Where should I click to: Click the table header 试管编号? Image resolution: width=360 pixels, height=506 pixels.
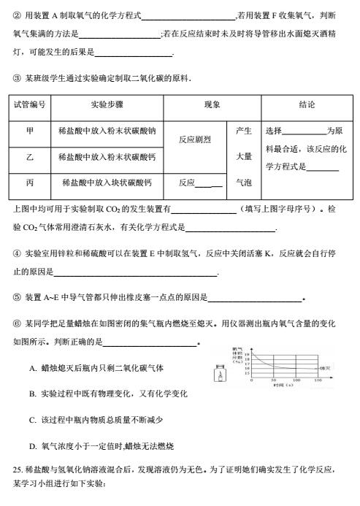pyautogui.click(x=30, y=105)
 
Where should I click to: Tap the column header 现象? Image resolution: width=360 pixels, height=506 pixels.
pyautogui.click(x=212, y=105)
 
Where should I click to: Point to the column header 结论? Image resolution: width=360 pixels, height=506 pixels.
pyautogui.click(x=307, y=105)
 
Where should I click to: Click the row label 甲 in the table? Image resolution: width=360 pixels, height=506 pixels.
pyautogui.click(x=30, y=131)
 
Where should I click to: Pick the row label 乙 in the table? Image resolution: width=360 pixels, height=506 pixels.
pyautogui.click(x=30, y=157)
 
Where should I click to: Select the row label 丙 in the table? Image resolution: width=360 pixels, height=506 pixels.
pyautogui.click(x=30, y=183)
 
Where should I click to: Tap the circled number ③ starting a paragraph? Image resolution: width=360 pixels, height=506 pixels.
pyautogui.click(x=17, y=78)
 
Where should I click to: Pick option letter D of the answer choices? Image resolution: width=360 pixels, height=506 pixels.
pyautogui.click(x=33, y=446)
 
